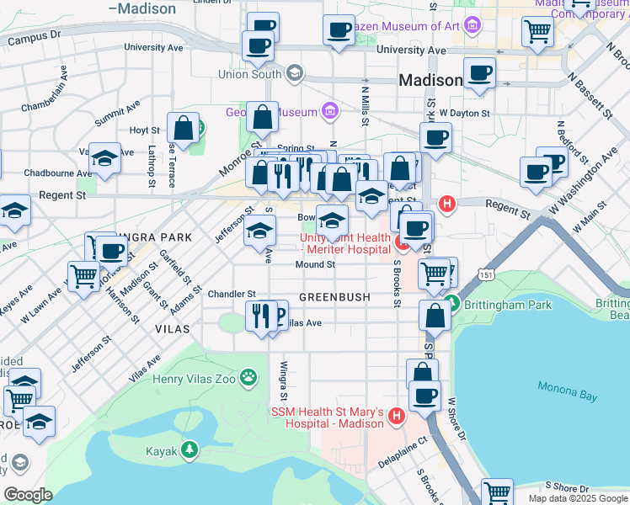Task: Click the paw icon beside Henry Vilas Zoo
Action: [x=248, y=378]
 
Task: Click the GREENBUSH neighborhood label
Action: [x=334, y=297]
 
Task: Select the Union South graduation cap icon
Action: [x=293, y=74]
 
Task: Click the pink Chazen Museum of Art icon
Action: [x=472, y=26]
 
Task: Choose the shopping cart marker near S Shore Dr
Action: [x=497, y=492]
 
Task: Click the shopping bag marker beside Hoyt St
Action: [x=183, y=128]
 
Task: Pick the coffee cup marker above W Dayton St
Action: [x=479, y=73]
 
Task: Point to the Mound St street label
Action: [x=316, y=264]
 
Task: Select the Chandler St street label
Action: [x=232, y=294]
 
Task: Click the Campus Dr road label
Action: [x=35, y=38]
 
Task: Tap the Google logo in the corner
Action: [x=28, y=494]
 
